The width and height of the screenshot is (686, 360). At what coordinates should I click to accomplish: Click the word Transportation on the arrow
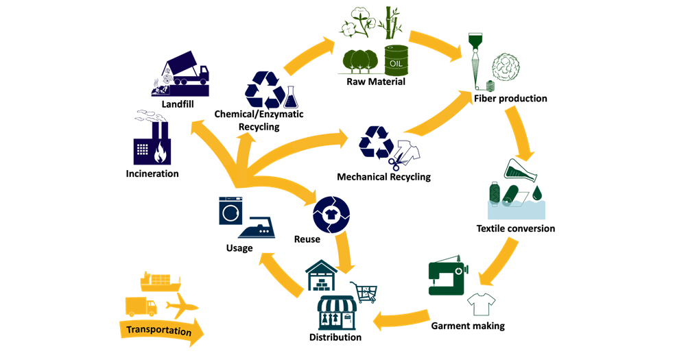point(158,331)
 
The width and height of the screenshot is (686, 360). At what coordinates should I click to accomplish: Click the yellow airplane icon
point(182,307)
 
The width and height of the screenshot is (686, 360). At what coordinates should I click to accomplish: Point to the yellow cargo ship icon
point(160,281)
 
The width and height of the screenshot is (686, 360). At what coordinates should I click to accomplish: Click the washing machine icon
point(231,210)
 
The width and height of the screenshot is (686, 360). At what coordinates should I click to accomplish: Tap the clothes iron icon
point(257,230)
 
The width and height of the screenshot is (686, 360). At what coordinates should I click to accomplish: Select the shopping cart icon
point(364,291)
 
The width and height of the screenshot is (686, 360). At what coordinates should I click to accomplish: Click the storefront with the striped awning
point(337,313)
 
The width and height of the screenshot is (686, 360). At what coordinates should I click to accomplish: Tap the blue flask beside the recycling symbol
point(292,97)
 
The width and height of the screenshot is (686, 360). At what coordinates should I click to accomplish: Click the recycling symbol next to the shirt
point(376,141)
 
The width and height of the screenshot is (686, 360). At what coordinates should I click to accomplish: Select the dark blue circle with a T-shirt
point(332,213)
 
